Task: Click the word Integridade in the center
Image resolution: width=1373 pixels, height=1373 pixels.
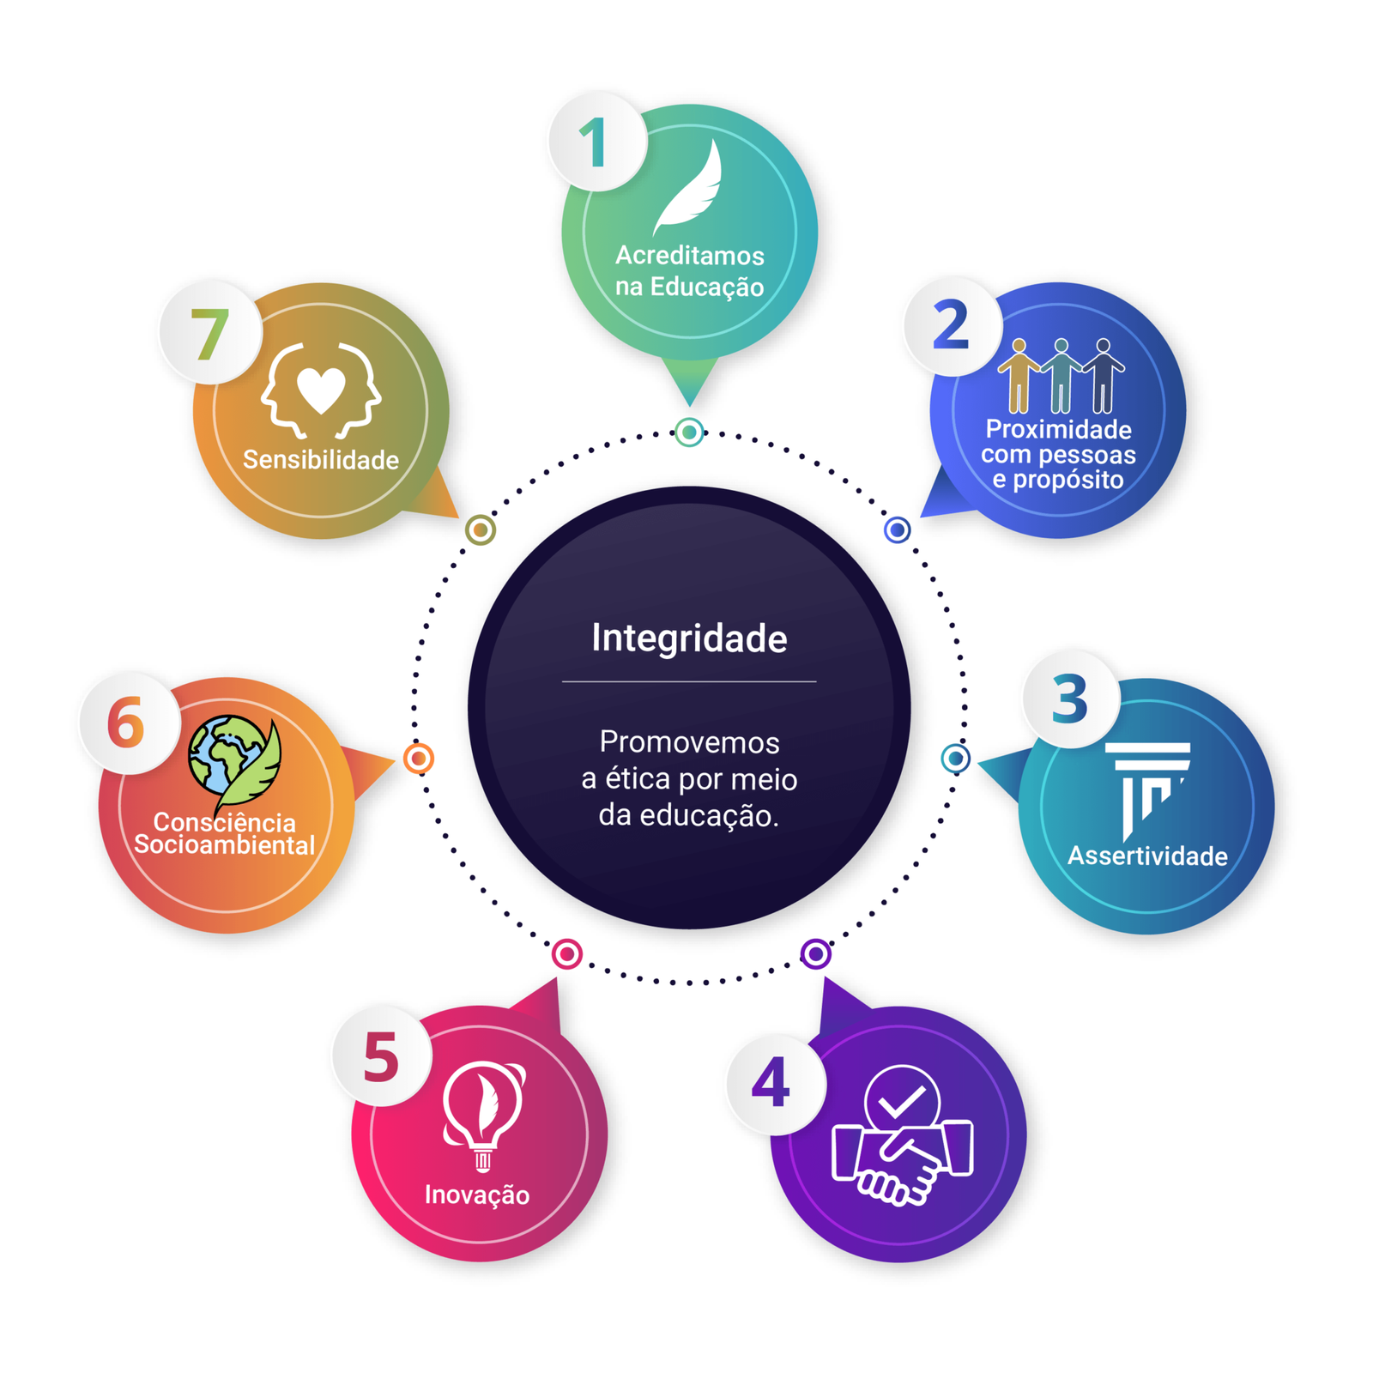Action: click(688, 638)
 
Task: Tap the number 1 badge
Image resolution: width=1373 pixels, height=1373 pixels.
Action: click(596, 142)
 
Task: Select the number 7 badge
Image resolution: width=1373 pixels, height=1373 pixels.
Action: click(209, 333)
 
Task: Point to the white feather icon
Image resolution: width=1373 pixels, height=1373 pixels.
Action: click(689, 189)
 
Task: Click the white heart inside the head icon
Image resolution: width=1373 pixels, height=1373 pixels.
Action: click(321, 390)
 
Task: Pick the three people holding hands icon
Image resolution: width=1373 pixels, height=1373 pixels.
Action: click(1061, 376)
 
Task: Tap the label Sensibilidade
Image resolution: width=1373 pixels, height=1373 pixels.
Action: click(321, 460)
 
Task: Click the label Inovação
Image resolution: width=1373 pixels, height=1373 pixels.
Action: click(477, 1195)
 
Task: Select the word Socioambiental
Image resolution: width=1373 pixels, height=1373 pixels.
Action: click(225, 845)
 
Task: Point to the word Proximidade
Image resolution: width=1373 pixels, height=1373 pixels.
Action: click(1058, 429)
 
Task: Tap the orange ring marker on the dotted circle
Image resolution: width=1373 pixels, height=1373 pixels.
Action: click(419, 759)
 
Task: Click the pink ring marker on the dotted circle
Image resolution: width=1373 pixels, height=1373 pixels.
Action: click(566, 953)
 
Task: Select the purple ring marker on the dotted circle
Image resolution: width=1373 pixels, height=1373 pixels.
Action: click(815, 953)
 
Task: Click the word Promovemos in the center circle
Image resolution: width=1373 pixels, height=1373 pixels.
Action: click(689, 742)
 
